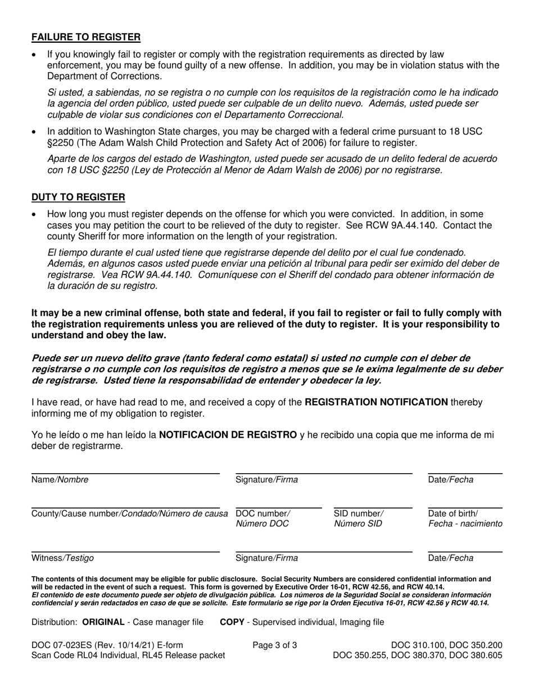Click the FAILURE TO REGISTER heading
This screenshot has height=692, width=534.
tap(86, 37)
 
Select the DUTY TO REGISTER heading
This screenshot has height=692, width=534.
tap(78, 197)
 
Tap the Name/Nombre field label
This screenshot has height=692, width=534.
tap(60, 480)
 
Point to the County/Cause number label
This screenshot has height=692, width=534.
tap(129, 513)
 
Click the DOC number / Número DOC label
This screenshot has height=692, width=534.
tap(263, 519)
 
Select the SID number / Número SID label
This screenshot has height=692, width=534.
tap(359, 519)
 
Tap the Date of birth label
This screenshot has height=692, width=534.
tap(465, 519)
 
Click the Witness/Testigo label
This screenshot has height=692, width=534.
tap(62, 558)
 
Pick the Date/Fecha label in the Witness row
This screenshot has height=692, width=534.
tap(450, 558)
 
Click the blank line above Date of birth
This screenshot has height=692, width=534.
tap(465, 507)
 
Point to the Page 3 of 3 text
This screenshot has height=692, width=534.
tap(275, 645)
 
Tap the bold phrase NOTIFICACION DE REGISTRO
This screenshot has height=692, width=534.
tap(228, 434)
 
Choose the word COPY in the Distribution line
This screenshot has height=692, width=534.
tap(231, 622)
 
